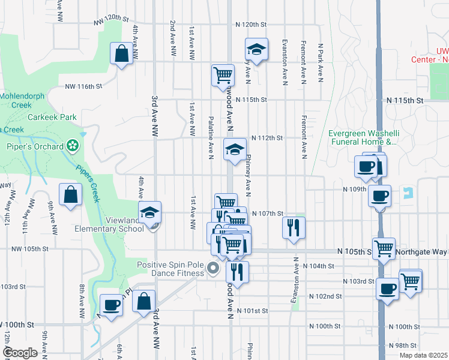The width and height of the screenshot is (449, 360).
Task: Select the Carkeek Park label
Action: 52,117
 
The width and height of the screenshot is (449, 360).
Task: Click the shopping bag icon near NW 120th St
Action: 122,53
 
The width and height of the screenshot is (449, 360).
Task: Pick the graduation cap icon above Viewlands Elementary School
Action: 149,212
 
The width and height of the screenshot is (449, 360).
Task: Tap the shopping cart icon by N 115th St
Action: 222,75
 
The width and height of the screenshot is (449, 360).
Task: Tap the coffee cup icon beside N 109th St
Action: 379,195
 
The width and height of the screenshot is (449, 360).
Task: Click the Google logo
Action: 20,352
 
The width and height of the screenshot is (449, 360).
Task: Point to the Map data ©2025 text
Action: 423,355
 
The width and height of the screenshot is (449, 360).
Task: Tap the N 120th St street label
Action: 250,25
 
